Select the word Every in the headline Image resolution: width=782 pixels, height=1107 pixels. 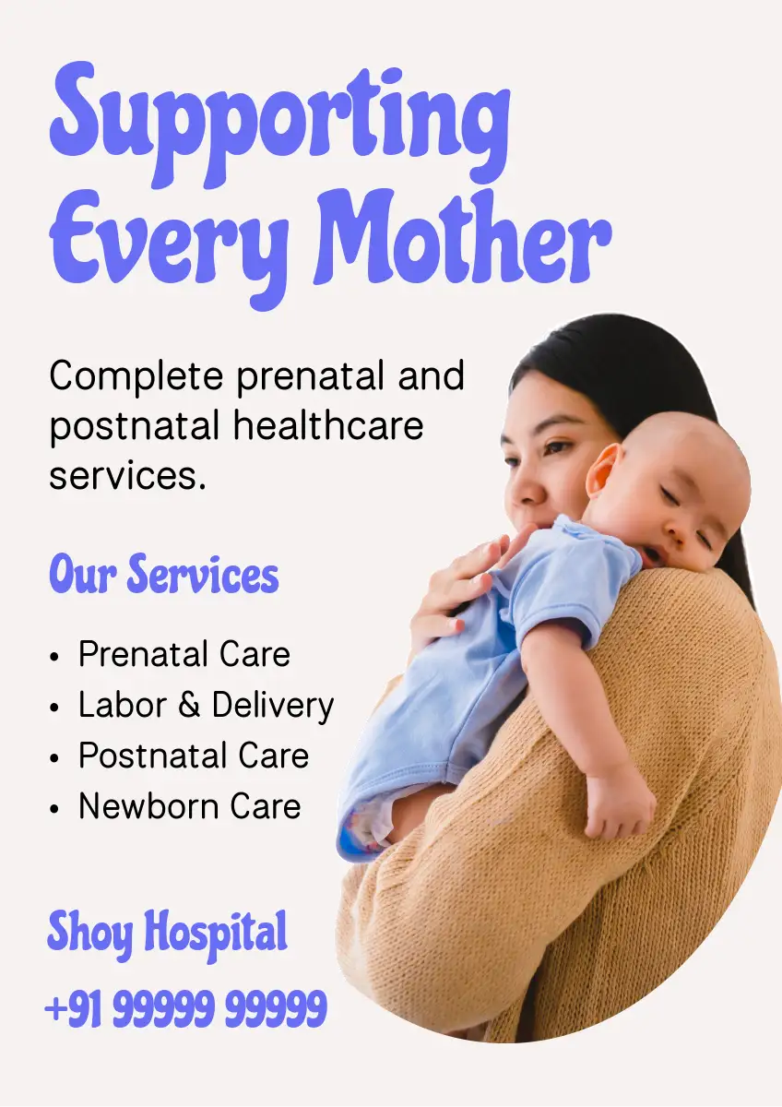[169, 249]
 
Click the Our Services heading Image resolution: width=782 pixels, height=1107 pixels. [164, 574]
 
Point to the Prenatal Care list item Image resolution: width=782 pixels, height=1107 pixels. [184, 654]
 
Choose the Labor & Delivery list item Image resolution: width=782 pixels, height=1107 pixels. [207, 705]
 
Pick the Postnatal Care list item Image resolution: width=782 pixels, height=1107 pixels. [194, 756]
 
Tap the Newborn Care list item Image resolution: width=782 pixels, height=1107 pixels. [190, 806]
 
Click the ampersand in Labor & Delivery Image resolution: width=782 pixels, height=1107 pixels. [189, 704]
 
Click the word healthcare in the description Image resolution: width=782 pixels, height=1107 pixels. [328, 425]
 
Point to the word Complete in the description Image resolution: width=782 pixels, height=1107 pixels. [136, 376]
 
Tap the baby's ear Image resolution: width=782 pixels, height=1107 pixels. [601, 470]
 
